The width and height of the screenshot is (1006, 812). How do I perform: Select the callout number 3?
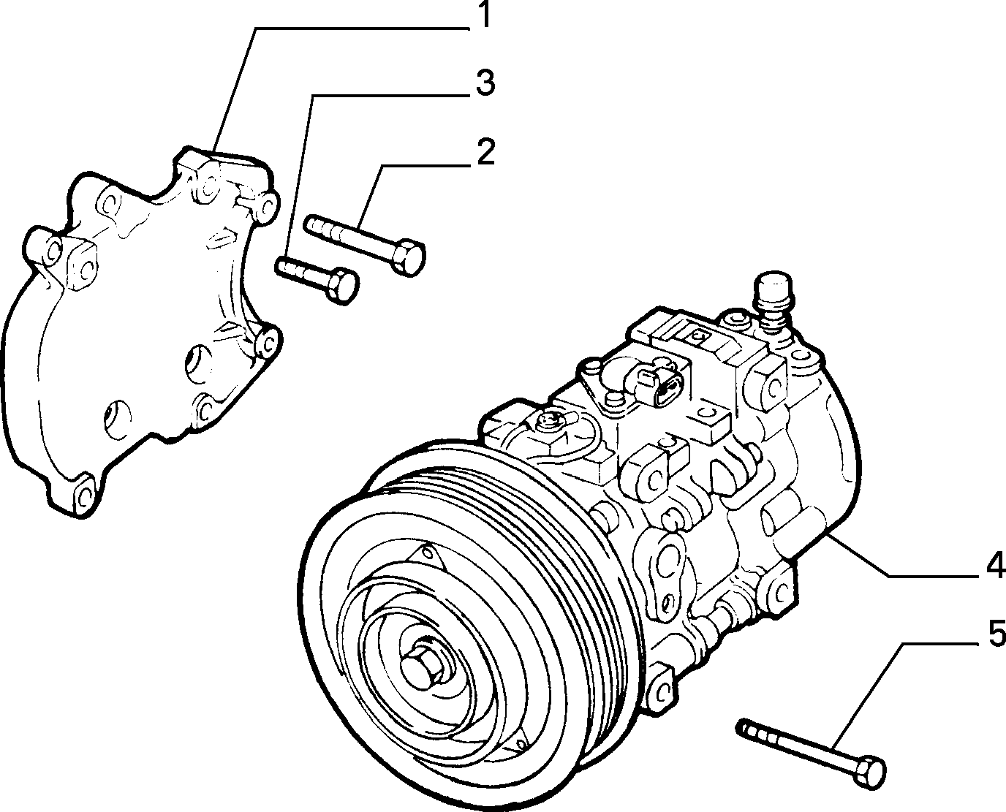(x=485, y=83)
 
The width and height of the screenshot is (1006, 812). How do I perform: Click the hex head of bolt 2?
(x=407, y=258)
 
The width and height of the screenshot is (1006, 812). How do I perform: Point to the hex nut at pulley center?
(x=422, y=669)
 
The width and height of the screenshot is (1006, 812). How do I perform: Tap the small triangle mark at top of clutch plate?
(x=426, y=554)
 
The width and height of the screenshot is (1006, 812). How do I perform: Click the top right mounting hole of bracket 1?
(x=268, y=206)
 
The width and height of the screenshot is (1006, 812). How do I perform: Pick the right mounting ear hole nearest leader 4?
(x=779, y=591)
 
